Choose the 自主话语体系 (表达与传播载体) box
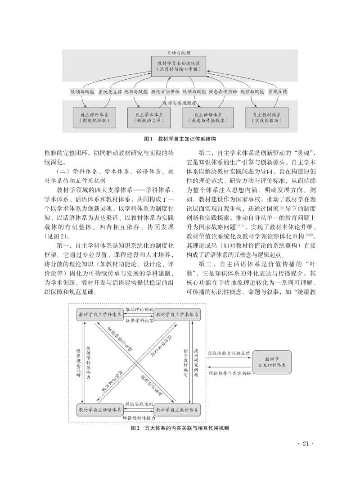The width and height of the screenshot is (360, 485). (x=207, y=118)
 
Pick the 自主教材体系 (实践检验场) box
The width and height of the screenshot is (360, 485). (x=267, y=118)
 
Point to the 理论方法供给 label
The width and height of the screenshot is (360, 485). (x=165, y=91)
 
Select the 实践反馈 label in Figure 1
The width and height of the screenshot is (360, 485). (x=277, y=91)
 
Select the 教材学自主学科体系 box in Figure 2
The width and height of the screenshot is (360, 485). (x=100, y=314)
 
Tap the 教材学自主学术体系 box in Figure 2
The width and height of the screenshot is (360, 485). (x=177, y=314)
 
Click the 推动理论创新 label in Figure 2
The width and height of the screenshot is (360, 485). (x=139, y=310)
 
